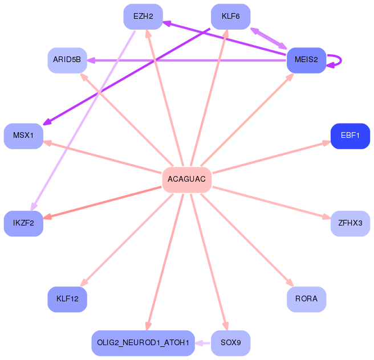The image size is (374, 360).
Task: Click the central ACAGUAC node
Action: [x=187, y=179]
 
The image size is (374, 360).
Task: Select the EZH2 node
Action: [x=143, y=17]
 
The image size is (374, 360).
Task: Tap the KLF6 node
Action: [x=230, y=17]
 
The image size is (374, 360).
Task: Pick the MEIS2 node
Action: [x=306, y=60]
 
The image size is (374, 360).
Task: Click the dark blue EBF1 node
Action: [x=350, y=136]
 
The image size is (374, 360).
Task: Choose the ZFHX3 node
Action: [x=350, y=223]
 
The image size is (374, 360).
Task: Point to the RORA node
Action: [x=306, y=298]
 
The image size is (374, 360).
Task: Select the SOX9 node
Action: [x=230, y=342]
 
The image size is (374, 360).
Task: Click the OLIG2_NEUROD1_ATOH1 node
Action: [x=143, y=342]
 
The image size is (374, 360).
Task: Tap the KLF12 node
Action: [x=67, y=298]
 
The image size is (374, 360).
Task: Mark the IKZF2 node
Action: [x=24, y=223]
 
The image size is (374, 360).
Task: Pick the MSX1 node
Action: [x=24, y=136]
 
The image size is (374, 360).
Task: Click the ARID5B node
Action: [x=67, y=60]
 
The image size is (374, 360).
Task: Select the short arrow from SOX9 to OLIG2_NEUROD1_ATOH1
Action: [x=203, y=342]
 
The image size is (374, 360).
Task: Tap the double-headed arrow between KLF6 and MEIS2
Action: [x=269, y=38]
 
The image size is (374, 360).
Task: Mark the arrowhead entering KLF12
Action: [x=84, y=283]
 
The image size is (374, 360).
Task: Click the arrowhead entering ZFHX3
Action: [x=327, y=216]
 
